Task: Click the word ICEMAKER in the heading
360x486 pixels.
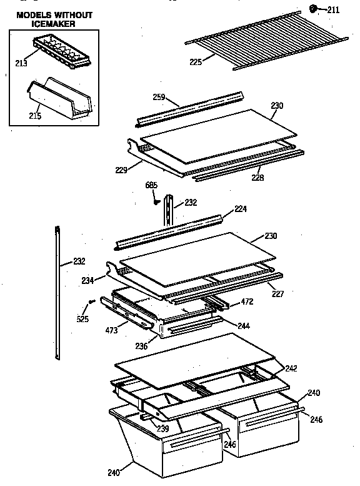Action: click(x=54, y=24)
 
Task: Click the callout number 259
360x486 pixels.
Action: click(x=159, y=97)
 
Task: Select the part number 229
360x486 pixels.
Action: click(x=121, y=170)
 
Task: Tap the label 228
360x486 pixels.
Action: click(x=257, y=178)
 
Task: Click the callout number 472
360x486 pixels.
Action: click(x=247, y=301)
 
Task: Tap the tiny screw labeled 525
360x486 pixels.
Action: click(x=91, y=302)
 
